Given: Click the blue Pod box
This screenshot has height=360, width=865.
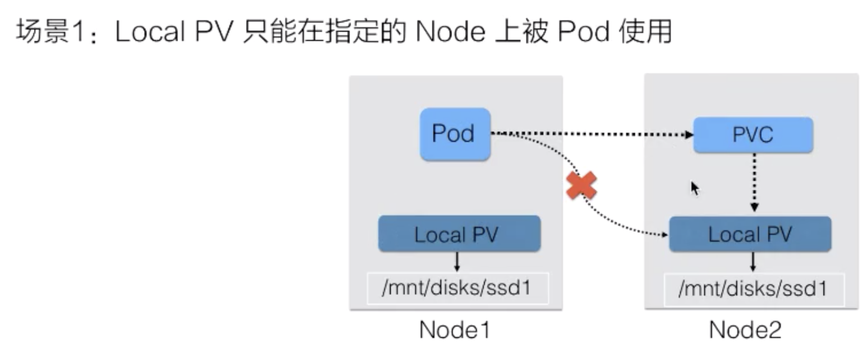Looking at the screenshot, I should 455,134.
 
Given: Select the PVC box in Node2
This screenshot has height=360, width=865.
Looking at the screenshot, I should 753,135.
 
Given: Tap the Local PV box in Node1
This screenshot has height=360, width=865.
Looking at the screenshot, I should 459,234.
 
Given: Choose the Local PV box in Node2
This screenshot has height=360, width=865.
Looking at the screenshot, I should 750,234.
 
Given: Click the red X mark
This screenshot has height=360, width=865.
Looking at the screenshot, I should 582,186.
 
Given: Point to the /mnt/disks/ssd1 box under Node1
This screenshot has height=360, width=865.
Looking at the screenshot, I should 458,288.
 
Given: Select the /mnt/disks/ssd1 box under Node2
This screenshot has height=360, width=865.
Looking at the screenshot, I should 754,289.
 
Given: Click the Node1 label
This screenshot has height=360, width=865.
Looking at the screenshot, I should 454,330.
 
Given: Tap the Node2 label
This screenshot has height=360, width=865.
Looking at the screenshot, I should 745,330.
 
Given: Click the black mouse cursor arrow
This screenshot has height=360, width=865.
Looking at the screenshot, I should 695,188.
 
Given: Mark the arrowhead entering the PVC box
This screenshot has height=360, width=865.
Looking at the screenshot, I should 689,134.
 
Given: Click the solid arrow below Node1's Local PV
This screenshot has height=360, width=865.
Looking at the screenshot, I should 457,262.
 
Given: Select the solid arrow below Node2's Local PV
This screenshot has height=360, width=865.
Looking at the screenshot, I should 753,262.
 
